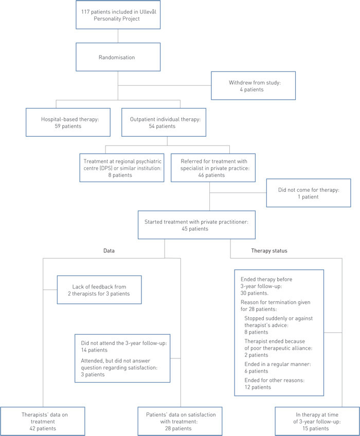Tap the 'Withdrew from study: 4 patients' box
pos(254,85)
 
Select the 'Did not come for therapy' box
pos(308,192)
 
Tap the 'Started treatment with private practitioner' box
pos(184,225)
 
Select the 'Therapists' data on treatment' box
pos(42,420)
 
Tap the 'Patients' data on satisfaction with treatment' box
pos(179,420)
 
